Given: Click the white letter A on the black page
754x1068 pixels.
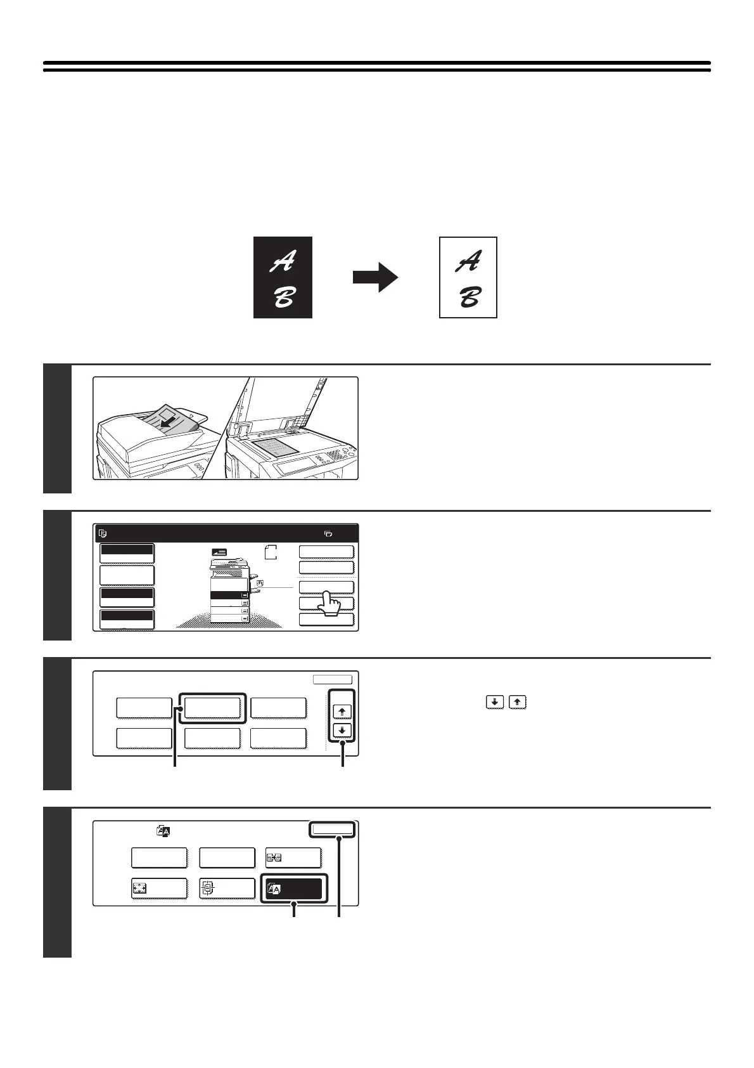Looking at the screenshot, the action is [283, 261].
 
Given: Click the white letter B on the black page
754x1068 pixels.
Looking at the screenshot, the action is [283, 296].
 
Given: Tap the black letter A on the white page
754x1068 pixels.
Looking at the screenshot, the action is [468, 261].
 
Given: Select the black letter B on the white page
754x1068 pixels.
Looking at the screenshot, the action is [468, 296].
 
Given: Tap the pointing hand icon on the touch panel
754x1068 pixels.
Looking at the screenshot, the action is [329, 603].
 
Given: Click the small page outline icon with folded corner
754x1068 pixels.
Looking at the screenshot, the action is [271, 552].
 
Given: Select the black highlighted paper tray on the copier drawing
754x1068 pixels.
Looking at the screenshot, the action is [229, 596].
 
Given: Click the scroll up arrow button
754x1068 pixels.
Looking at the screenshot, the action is [342, 712].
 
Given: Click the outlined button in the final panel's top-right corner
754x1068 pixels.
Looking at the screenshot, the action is [332, 830].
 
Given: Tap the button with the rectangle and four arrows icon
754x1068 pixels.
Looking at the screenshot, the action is [159, 889].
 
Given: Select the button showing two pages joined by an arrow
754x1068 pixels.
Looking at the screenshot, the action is [293, 858].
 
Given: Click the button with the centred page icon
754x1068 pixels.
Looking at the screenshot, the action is [227, 889].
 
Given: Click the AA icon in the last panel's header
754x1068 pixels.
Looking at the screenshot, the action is [163, 830].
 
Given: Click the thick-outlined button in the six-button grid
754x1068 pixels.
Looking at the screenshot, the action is [212, 707].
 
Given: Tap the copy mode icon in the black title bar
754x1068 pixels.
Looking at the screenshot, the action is [103, 534].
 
